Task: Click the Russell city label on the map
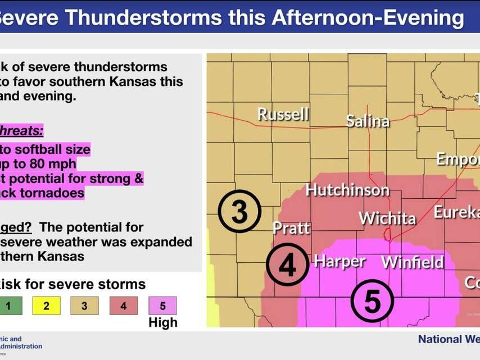283,114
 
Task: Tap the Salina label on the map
368,121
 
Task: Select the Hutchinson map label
347,190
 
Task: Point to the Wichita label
387,218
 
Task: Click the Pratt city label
291,227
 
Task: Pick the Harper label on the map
339,261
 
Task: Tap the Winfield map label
413,262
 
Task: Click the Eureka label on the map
456,212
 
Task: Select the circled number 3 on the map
239,212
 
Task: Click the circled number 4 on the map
287,266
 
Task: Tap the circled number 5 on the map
372,301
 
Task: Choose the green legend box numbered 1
8,306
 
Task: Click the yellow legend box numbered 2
46,306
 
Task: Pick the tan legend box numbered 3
84,306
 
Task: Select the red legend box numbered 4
124,306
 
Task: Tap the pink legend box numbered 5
162,306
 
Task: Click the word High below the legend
162,322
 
